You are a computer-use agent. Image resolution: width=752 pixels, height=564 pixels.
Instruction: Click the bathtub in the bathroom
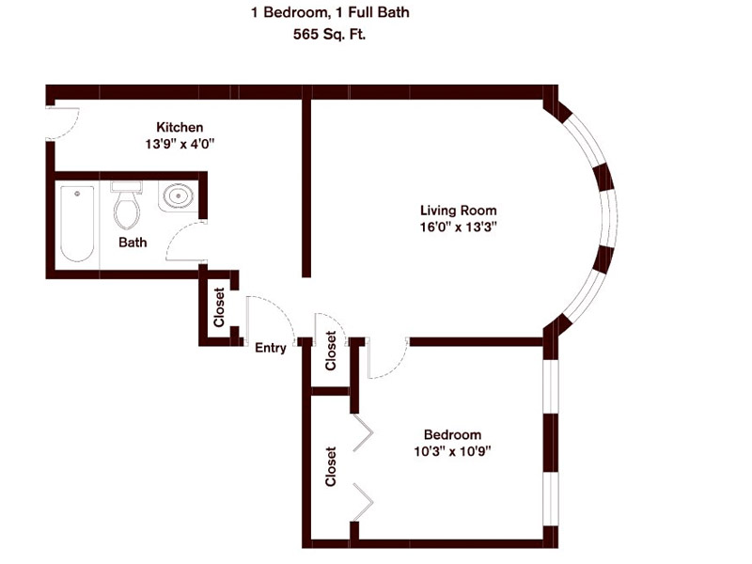coord(77,224)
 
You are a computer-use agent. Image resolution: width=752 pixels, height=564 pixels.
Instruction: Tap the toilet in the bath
coord(126,207)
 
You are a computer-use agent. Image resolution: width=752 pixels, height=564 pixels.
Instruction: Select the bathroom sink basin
coord(177,196)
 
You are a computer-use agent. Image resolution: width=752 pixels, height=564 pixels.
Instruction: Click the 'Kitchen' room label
coord(180,128)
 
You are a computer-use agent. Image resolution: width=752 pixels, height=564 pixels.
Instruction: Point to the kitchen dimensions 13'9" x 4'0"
coord(180,145)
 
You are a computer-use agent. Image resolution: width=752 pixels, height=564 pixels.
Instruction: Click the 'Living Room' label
coord(458,210)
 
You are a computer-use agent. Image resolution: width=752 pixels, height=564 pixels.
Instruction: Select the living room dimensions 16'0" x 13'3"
coord(458,227)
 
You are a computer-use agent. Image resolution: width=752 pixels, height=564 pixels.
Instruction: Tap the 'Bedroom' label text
coord(452,434)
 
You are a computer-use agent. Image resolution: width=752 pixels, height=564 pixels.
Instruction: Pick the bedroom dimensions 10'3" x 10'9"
coord(452,450)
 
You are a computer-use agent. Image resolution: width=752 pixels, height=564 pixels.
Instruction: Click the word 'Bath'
coord(133,243)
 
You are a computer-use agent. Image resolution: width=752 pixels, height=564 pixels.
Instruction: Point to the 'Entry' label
coord(271,348)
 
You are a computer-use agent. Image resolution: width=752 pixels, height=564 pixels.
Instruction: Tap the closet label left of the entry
coord(219,307)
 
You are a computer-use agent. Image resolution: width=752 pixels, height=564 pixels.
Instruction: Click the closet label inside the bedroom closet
coord(330,466)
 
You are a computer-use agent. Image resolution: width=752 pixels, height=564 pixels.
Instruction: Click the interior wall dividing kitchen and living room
coord(306,188)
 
